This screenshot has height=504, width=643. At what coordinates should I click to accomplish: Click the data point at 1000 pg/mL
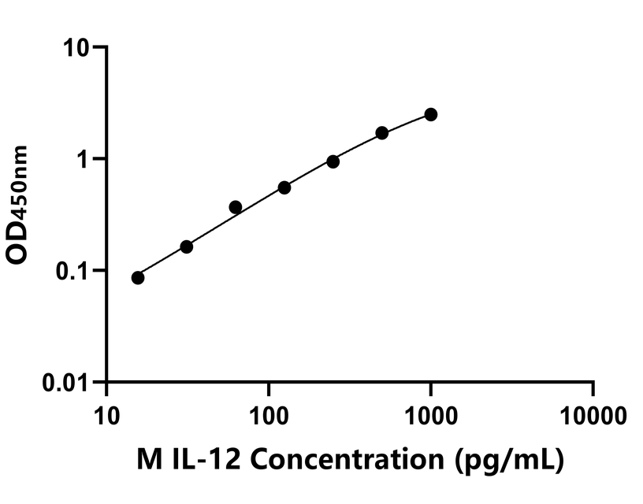coord(430,114)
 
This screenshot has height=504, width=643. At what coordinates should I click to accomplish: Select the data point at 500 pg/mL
coord(382,133)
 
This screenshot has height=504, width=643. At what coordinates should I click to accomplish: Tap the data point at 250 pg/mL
coord(333,161)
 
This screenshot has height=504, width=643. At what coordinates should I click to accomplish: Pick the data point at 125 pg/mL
coord(284,187)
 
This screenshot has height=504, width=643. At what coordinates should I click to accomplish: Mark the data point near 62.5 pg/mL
coord(235,207)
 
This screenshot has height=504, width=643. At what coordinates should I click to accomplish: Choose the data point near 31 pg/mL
coord(187,246)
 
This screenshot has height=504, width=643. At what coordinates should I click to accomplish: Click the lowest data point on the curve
coord(138,277)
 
